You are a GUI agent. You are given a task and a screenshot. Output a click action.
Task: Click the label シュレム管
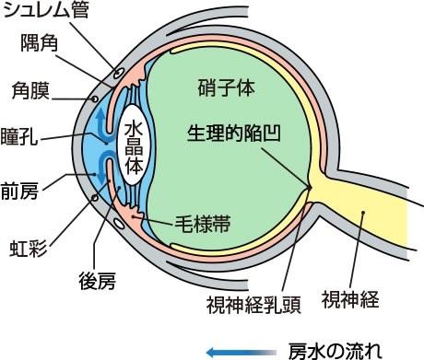tap(46, 10)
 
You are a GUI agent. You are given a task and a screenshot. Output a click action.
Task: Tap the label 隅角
tap(40, 42)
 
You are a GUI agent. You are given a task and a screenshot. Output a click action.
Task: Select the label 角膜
tap(30, 90)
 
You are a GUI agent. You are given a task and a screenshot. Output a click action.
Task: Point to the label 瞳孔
tap(19, 136)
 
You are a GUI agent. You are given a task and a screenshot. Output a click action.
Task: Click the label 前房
tap(19, 191)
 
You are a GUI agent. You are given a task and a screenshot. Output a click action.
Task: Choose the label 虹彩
tap(29, 248)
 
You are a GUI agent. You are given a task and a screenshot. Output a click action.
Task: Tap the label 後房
tap(98, 281)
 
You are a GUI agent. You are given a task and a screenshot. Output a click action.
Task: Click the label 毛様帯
tap(203, 224)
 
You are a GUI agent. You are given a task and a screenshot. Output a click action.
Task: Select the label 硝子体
tap(226, 87)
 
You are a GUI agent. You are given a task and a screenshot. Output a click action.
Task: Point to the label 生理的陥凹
tap(234, 133)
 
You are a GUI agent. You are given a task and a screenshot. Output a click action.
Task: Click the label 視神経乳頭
tap(253, 305)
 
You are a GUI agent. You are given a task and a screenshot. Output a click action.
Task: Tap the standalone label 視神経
tap(350, 299)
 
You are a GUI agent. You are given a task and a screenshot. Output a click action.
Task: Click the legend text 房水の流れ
tap(336, 351)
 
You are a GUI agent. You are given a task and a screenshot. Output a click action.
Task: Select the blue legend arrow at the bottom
tap(241, 353)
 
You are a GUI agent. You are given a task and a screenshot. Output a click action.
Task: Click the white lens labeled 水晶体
tap(134, 145)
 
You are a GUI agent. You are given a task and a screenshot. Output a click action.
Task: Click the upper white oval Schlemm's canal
tap(118, 74)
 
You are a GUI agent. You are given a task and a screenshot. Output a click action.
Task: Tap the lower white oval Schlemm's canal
tap(119, 223)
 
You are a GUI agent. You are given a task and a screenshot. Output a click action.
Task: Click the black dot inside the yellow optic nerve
tap(363, 212)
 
